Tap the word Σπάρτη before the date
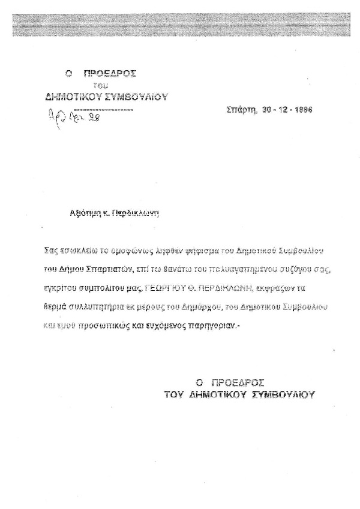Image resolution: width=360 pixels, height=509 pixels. tap(241, 111)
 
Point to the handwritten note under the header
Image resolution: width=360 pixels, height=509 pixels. tap(74, 118)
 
